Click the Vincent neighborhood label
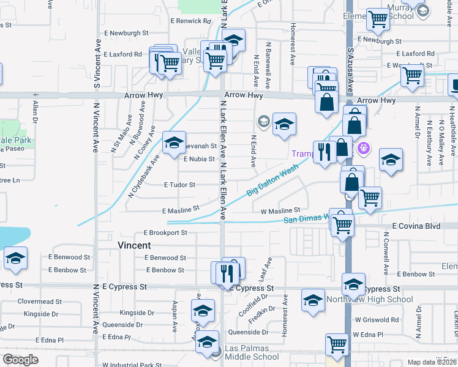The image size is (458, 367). [x=134, y=245]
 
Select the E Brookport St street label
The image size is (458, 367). [x=165, y=233]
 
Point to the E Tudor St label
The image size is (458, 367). [x=179, y=185]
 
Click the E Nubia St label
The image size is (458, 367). [x=199, y=159]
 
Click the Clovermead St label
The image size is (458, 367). [x=39, y=302]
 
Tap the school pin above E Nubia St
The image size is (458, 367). [x=174, y=143]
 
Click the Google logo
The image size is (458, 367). [x=20, y=360]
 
